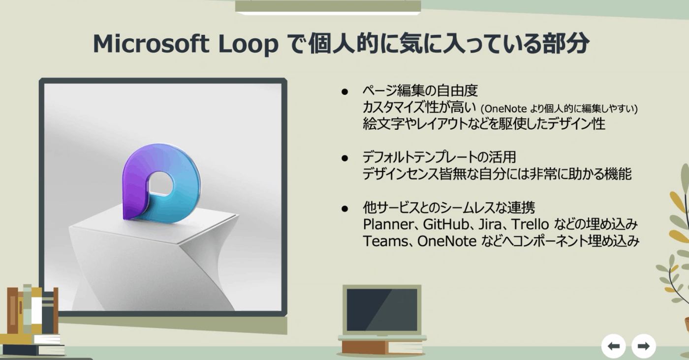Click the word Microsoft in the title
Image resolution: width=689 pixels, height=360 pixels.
151,44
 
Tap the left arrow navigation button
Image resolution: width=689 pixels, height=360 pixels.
614,346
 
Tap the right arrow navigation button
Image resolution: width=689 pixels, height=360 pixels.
644,346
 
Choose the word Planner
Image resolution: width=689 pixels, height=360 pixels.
387,224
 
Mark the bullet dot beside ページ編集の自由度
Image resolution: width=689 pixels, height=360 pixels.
344,91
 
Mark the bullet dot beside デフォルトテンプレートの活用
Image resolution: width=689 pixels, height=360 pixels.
344,158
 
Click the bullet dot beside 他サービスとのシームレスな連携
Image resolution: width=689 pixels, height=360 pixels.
344,209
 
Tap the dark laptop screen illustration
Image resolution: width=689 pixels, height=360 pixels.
382,309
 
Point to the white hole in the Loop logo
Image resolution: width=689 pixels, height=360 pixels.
160,183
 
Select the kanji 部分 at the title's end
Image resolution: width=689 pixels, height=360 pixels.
572,44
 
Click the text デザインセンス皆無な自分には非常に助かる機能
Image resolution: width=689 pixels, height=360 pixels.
497,174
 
